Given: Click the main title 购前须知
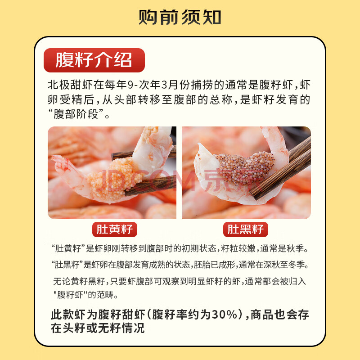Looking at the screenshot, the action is point(180,17).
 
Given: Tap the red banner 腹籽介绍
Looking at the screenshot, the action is point(94,60).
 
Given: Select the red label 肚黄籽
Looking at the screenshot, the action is point(115,229).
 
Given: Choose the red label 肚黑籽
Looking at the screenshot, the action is point(245,229).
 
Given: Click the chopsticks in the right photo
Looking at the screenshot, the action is point(281,169).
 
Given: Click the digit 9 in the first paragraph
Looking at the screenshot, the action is point(130,85).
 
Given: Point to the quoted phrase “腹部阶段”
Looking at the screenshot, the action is point(76,114).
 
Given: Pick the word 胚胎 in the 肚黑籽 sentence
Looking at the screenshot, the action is point(202,265).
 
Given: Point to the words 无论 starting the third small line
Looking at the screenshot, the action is point(62,281).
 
